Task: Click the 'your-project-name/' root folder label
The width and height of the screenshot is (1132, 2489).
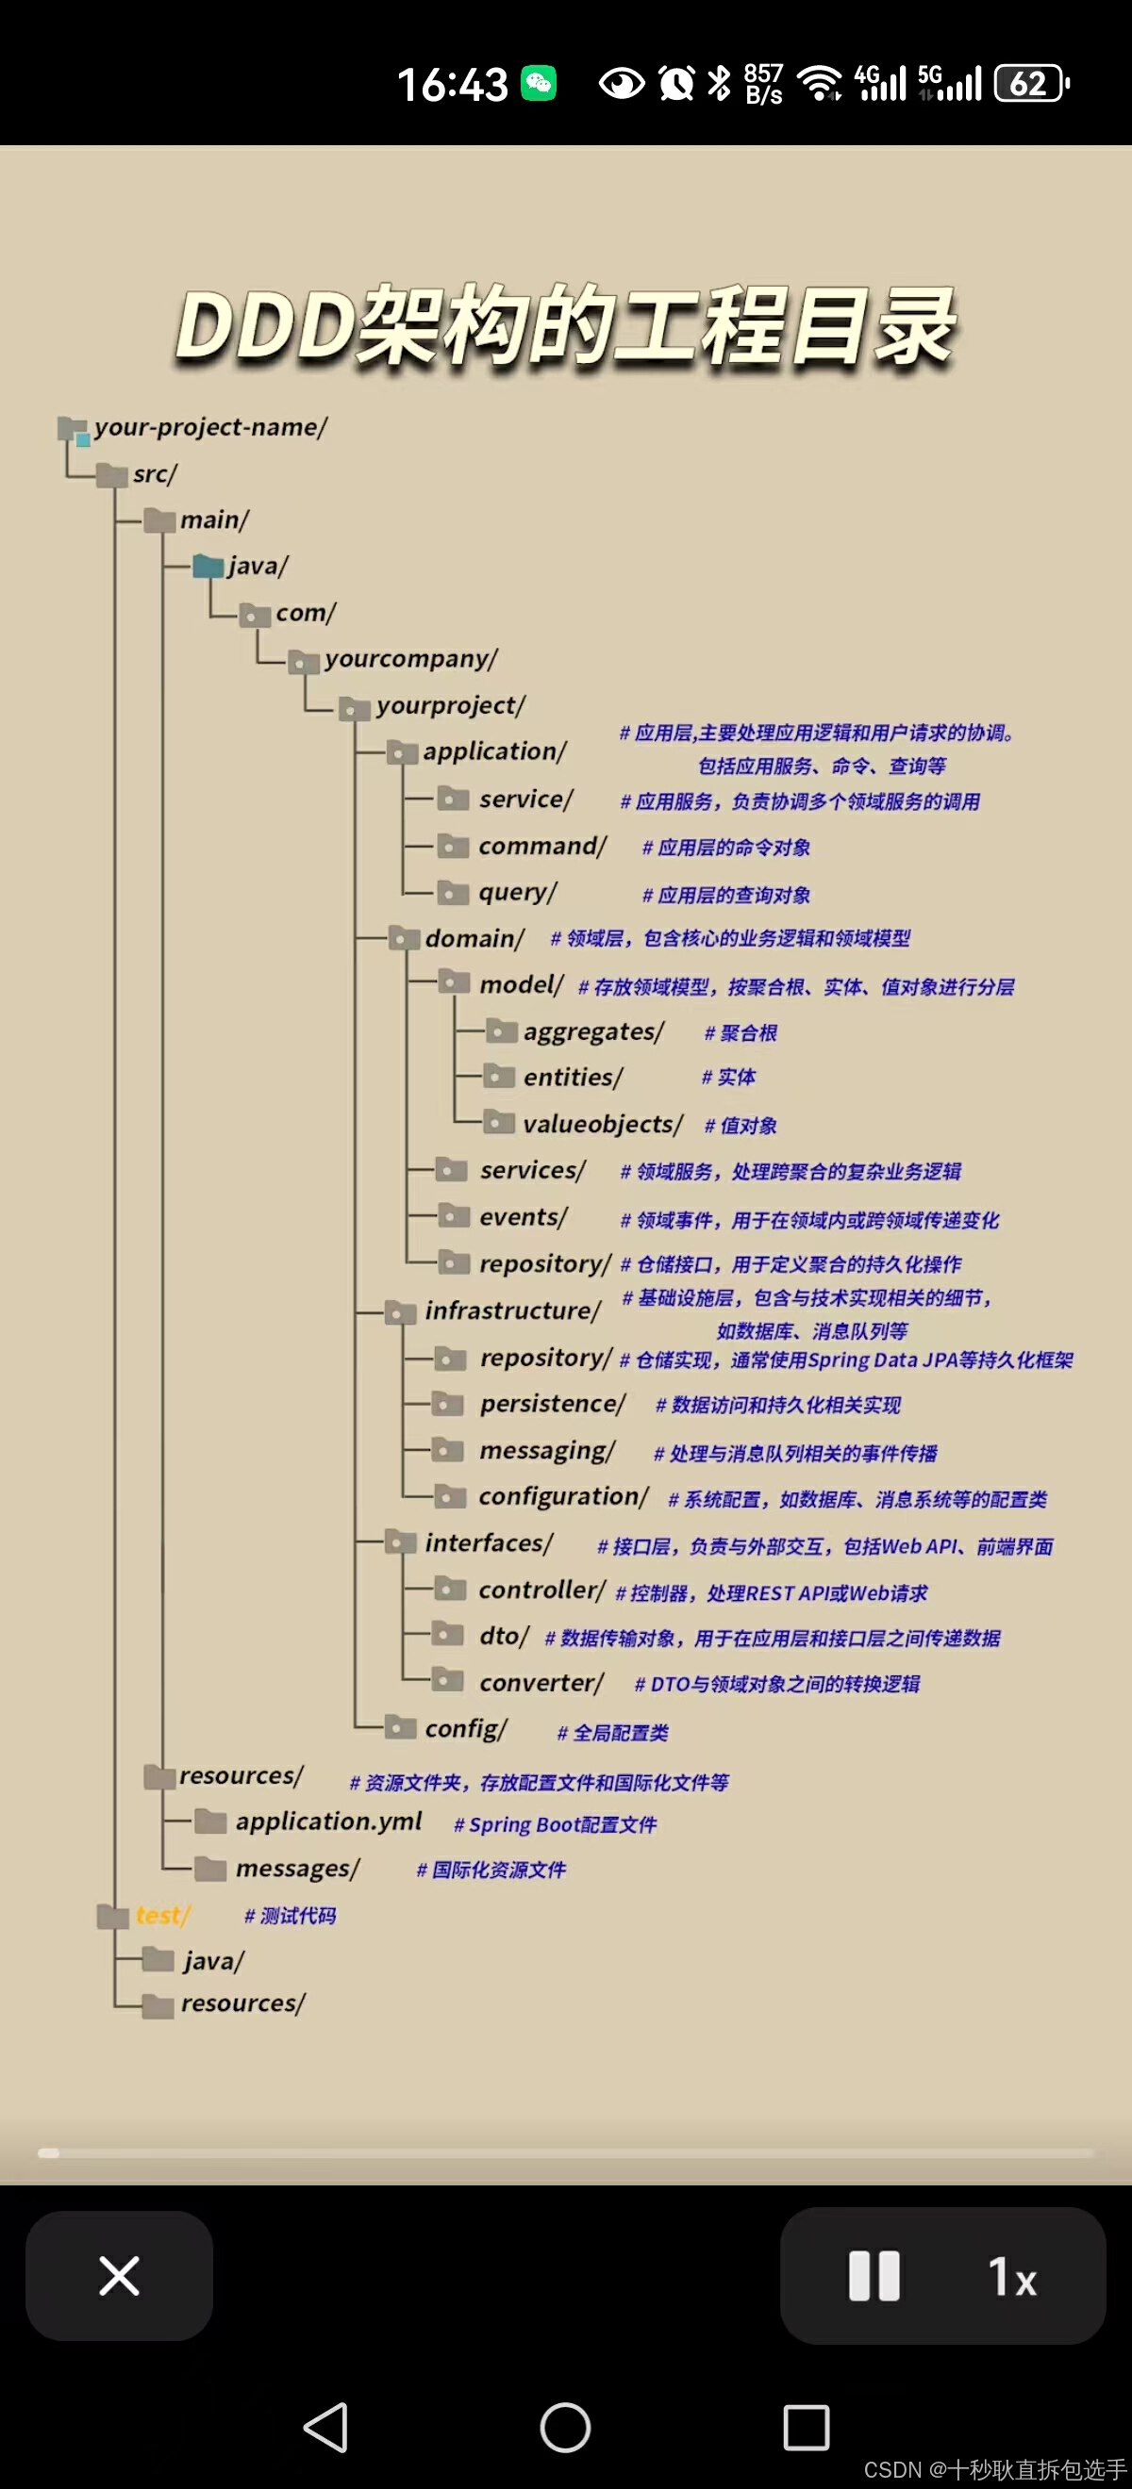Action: coord(210,427)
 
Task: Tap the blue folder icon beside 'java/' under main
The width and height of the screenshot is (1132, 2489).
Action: coord(208,567)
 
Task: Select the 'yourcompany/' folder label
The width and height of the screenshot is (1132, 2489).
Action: coord(411,659)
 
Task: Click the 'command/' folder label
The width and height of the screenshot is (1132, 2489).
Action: coord(542,847)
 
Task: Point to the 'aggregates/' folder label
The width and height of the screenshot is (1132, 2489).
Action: coord(593,1032)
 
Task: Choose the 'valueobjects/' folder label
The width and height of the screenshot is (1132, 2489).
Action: coord(602,1124)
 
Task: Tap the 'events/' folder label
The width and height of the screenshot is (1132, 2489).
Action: coord(523,1217)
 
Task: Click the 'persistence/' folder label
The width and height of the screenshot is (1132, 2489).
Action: coord(552,1404)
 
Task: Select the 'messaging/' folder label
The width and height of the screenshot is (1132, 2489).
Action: coord(547,1450)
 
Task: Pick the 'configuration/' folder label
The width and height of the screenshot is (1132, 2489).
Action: coord(563,1496)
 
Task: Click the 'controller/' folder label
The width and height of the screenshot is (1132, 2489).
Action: coord(542,1591)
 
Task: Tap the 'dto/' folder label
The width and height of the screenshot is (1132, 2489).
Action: coord(504,1636)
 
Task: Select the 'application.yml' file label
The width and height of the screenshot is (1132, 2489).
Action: coord(328,1822)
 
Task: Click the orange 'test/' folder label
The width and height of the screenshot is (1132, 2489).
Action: coord(162,1915)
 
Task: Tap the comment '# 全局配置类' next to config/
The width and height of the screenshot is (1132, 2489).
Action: coord(613,1734)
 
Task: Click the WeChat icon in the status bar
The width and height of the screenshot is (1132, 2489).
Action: coord(539,83)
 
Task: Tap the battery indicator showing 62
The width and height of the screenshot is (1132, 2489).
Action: coord(1030,83)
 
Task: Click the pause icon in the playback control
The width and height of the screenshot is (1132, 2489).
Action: coord(874,2276)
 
